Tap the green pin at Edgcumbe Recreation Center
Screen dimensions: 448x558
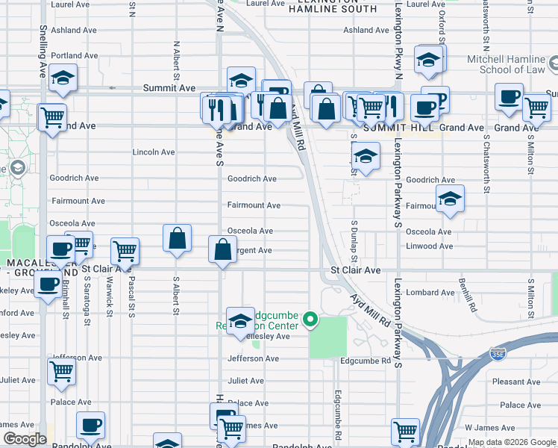(x=310, y=322)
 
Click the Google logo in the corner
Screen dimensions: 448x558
(x=25, y=438)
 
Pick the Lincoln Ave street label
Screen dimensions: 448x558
(x=154, y=152)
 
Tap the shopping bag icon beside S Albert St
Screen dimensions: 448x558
(x=178, y=239)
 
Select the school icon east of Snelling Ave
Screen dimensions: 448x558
(x=63, y=78)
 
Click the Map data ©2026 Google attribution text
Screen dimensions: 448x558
(x=512, y=443)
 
